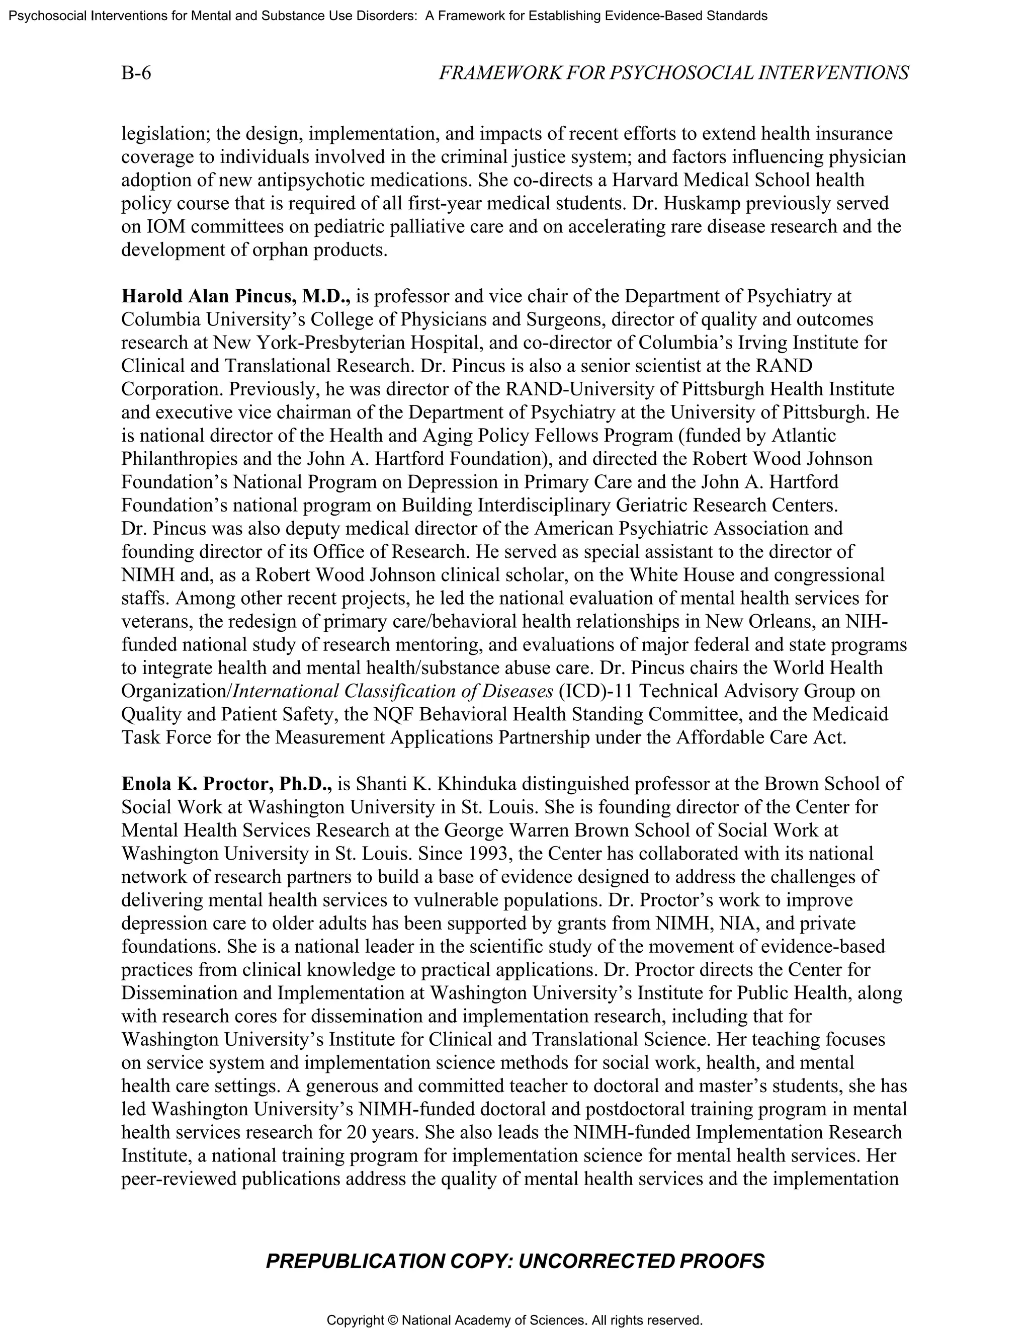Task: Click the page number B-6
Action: click(136, 73)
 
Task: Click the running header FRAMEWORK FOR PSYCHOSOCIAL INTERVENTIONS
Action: click(673, 73)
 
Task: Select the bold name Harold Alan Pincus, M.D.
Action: click(235, 297)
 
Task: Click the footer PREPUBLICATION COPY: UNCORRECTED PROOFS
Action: click(514, 1262)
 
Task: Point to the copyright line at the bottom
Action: click(514, 1320)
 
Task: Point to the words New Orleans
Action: click(772, 621)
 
